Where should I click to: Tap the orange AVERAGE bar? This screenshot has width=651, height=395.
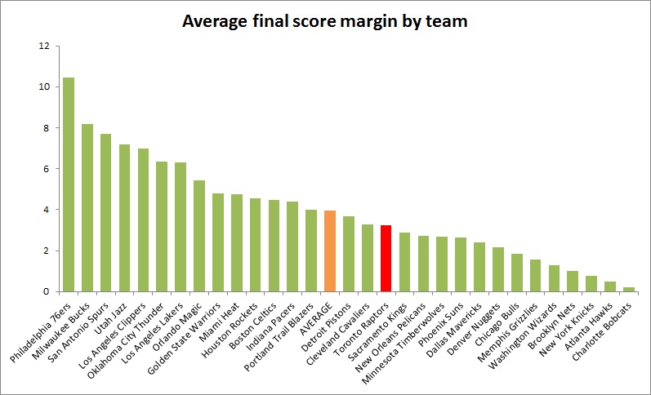pyautogui.click(x=329, y=251)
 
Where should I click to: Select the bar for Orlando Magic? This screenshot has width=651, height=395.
pyautogui.click(x=199, y=236)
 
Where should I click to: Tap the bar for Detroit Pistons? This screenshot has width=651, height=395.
pyautogui.click(x=348, y=254)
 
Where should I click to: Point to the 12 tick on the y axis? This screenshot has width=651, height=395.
pyautogui.click(x=45, y=46)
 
